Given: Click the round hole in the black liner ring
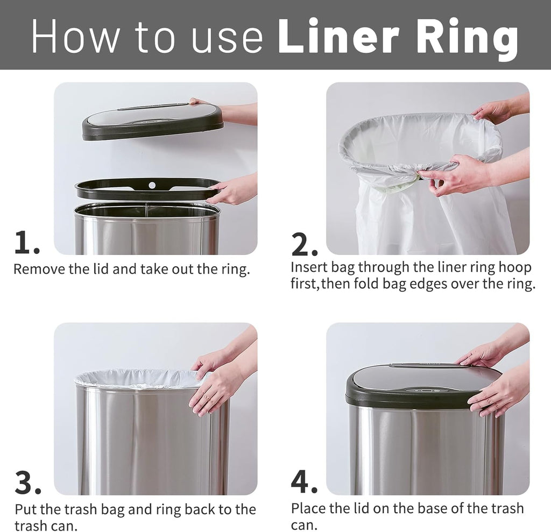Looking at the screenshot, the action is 152,185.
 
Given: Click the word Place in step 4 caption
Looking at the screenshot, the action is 308,508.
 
